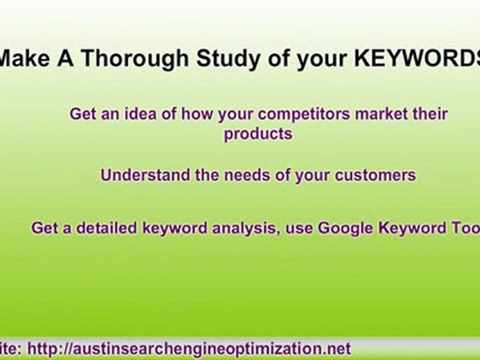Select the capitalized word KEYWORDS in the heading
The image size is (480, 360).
tap(417, 59)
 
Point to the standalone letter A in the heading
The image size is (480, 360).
tap(64, 59)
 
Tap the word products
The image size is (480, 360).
tap(258, 134)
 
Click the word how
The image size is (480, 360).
tap(196, 114)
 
